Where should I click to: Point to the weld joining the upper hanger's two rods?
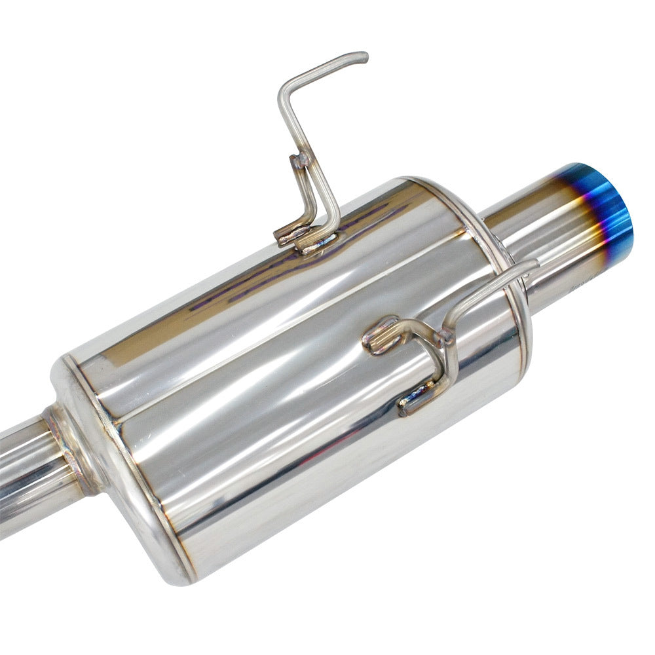[302, 160]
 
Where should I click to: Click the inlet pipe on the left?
[26, 472]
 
